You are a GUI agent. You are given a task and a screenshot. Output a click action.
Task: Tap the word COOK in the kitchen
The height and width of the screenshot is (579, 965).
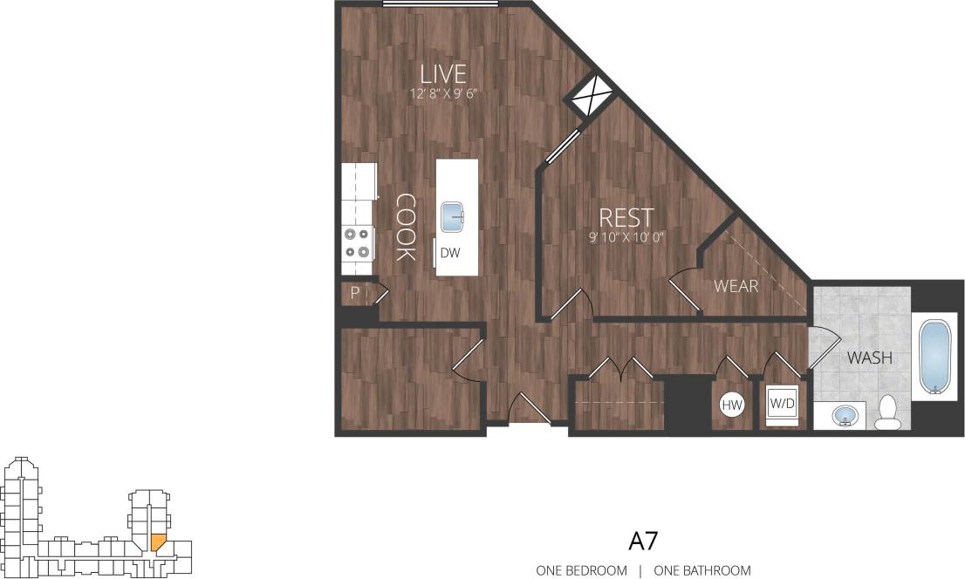point(404,227)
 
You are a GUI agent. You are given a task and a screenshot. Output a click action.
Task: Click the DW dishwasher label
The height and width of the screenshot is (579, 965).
point(449,253)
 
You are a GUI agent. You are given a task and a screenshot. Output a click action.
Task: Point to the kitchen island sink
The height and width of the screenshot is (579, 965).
point(454,216)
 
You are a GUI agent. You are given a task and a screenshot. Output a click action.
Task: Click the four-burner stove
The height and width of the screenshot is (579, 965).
point(357,242)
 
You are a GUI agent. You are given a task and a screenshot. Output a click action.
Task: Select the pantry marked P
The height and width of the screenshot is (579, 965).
point(355,294)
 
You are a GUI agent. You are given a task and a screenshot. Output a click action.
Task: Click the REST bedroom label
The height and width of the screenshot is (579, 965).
point(626,217)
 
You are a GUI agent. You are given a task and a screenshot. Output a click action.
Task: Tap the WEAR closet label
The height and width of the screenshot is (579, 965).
point(736,286)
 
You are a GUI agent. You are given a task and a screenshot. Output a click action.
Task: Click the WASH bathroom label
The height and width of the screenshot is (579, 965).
point(869,357)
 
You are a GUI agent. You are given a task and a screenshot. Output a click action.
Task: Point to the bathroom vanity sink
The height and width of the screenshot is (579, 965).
point(844,416)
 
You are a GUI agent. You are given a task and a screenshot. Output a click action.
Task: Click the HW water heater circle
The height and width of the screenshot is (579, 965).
point(731,405)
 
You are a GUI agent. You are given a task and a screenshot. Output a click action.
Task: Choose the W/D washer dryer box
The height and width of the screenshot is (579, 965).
point(781,405)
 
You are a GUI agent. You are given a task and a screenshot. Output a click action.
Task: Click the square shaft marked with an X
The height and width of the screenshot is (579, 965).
point(592,96)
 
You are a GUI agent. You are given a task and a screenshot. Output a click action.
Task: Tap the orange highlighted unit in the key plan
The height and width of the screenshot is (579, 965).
point(157,542)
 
